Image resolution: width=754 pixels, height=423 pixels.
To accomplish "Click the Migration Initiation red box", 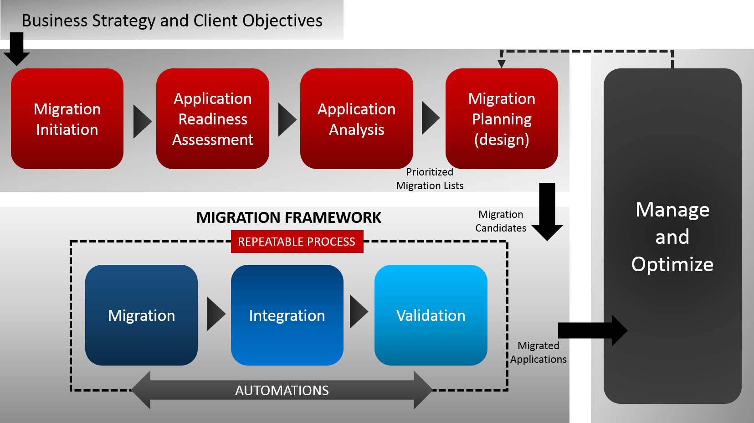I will pyautogui.click(x=67, y=119).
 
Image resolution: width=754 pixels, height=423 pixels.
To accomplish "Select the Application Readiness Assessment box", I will pyautogui.click(x=213, y=119).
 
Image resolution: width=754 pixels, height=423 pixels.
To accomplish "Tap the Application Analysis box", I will pyautogui.click(x=357, y=119).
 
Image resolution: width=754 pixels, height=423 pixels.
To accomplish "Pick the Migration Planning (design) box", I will pyautogui.click(x=502, y=119).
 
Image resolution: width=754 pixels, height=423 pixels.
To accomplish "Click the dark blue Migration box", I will pyautogui.click(x=141, y=315).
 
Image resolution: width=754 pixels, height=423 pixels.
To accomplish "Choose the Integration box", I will pyautogui.click(x=287, y=315).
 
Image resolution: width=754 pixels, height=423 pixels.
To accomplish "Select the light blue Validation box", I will pyautogui.click(x=431, y=315).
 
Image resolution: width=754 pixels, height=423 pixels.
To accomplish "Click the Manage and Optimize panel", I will pyautogui.click(x=672, y=236).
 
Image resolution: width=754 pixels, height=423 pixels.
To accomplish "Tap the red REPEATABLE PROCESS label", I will pyautogui.click(x=297, y=242).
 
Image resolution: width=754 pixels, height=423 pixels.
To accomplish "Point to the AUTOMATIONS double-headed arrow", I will pyautogui.click(x=282, y=390).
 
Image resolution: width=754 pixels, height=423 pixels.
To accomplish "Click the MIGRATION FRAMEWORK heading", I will pyautogui.click(x=288, y=218).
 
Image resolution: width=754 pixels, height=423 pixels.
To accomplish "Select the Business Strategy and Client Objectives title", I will pyautogui.click(x=172, y=21).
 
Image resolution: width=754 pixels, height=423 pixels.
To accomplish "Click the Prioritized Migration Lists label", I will pyautogui.click(x=430, y=179).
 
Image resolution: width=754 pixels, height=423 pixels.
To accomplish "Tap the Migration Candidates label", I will pyautogui.click(x=501, y=221).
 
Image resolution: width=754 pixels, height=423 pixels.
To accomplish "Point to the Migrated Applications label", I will pyautogui.click(x=539, y=352).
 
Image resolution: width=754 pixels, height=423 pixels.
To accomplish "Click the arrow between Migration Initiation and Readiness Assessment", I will pyautogui.click(x=141, y=122).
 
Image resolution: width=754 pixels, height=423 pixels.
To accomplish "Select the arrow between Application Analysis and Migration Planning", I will pyautogui.click(x=430, y=119).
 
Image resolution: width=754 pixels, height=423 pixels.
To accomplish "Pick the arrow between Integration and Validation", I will pyautogui.click(x=358, y=312).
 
